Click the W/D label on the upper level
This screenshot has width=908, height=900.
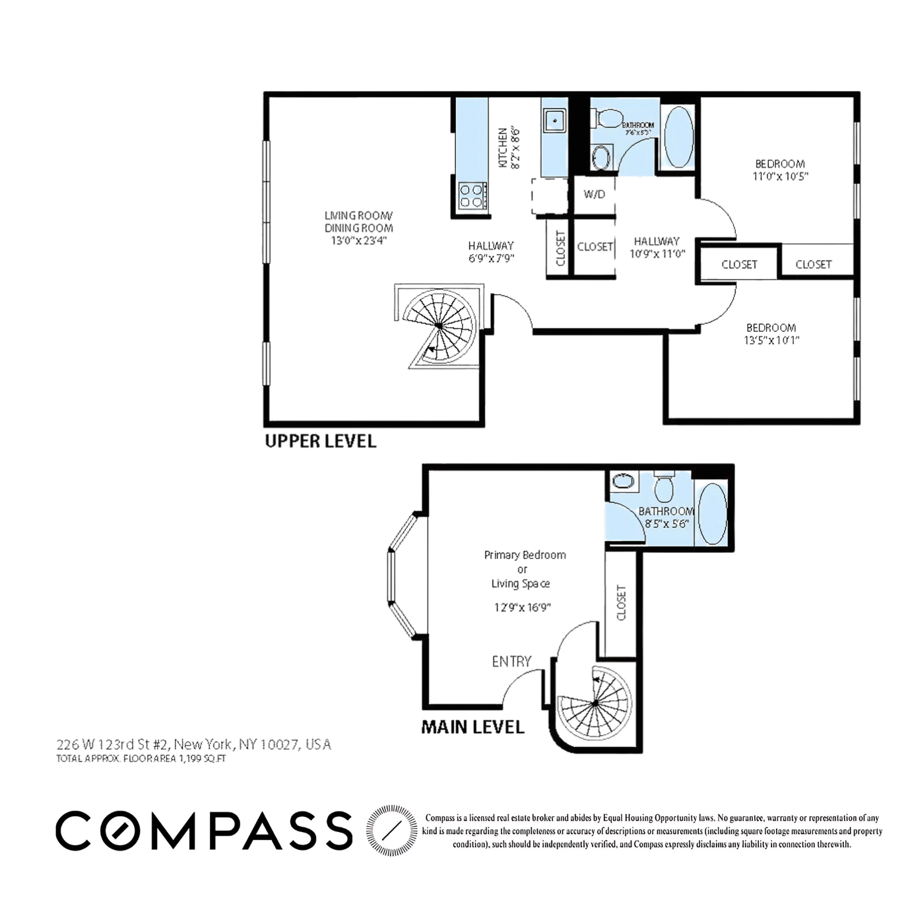point(594,195)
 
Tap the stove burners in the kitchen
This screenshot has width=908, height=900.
point(472,196)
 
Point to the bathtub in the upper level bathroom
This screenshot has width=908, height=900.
point(678,137)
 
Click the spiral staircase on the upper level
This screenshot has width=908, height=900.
point(439,325)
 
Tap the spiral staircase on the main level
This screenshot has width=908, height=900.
point(595,704)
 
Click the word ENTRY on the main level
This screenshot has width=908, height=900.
point(511,661)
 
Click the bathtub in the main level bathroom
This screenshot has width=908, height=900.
point(711,513)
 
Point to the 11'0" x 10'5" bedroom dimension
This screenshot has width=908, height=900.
point(780,176)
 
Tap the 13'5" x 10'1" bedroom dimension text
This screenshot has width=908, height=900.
point(771,340)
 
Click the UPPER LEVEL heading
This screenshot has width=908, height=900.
point(320,441)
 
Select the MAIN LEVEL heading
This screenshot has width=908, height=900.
point(472,727)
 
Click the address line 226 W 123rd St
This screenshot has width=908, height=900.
point(193,744)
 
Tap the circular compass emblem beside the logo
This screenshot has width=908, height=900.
point(391,829)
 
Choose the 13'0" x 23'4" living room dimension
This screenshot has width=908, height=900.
point(358,241)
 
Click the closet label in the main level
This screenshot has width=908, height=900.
point(621,602)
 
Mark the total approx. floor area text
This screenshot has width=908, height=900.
point(141,759)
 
